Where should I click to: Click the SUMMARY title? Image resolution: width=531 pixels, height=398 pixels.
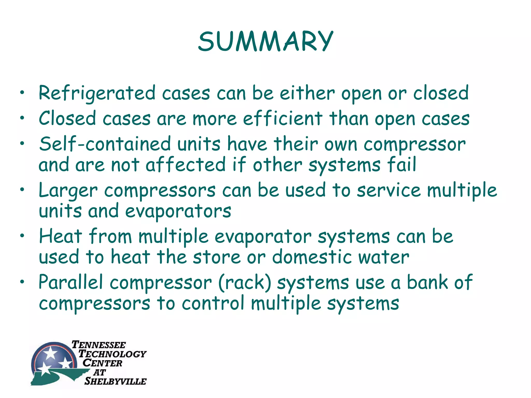[265, 41]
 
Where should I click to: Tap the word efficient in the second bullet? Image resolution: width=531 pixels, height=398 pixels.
[283, 119]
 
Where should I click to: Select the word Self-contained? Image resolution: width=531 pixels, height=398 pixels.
[105, 144]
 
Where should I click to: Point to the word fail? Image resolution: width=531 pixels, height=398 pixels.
[401, 165]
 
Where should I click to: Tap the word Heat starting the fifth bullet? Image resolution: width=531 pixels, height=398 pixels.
[60, 236]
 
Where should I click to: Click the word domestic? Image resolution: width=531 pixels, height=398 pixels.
[311, 257]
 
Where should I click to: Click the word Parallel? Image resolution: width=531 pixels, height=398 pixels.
[71, 282]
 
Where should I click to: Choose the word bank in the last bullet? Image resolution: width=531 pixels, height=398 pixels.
[427, 282]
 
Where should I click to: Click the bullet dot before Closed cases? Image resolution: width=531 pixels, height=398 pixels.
[23, 118]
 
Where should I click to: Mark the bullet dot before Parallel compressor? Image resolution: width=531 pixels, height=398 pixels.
[23, 282]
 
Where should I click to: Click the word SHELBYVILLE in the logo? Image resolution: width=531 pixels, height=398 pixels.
[115, 381]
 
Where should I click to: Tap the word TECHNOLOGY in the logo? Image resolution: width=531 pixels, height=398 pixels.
[112, 354]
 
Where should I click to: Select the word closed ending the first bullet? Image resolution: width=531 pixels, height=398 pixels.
[441, 93]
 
